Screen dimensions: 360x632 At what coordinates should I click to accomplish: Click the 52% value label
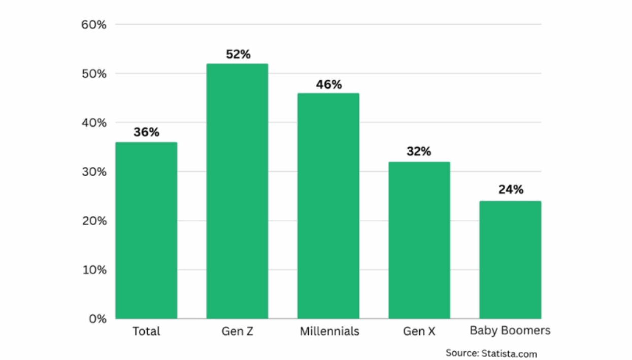pyautogui.click(x=238, y=54)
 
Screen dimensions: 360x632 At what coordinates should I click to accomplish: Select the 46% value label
pyautogui.click(x=329, y=84)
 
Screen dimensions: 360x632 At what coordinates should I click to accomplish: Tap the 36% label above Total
pyautogui.click(x=146, y=133)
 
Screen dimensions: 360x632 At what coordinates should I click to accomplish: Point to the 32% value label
pyautogui.click(x=419, y=152)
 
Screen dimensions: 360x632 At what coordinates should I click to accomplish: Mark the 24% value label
pyautogui.click(x=510, y=190)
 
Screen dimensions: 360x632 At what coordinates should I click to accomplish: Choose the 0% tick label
pyautogui.click(x=97, y=319)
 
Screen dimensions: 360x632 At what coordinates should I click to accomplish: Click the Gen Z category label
pyautogui.click(x=237, y=332)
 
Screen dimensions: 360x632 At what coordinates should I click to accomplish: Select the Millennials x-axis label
pyautogui.click(x=329, y=332)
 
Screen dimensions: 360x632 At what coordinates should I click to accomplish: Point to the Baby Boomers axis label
pyautogui.click(x=510, y=331)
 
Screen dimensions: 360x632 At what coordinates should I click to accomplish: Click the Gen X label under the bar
pyautogui.click(x=419, y=332)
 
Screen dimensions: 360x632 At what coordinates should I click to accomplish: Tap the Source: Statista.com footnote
pyautogui.click(x=491, y=353)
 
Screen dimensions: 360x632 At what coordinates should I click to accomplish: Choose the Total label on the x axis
pyautogui.click(x=146, y=332)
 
